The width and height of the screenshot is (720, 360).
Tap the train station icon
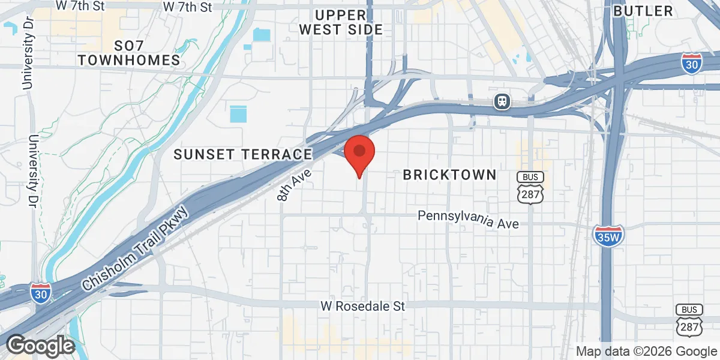[502, 101]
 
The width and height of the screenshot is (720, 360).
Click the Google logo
[40, 346]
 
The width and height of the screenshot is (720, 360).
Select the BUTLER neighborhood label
[643, 11]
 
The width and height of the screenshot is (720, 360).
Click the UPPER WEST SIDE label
[340, 22]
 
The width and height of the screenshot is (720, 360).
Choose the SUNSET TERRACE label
[243, 154]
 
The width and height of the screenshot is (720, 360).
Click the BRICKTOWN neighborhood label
[449, 175]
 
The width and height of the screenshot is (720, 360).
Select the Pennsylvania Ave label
[468, 218]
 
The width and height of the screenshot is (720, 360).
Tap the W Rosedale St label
[362, 306]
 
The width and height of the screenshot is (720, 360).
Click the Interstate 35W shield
[608, 235]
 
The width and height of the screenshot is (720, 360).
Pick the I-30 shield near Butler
[692, 63]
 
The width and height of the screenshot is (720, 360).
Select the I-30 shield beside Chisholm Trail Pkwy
[41, 292]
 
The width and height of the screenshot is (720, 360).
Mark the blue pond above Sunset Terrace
[238, 113]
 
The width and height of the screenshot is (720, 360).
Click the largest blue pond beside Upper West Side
[262, 34]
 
